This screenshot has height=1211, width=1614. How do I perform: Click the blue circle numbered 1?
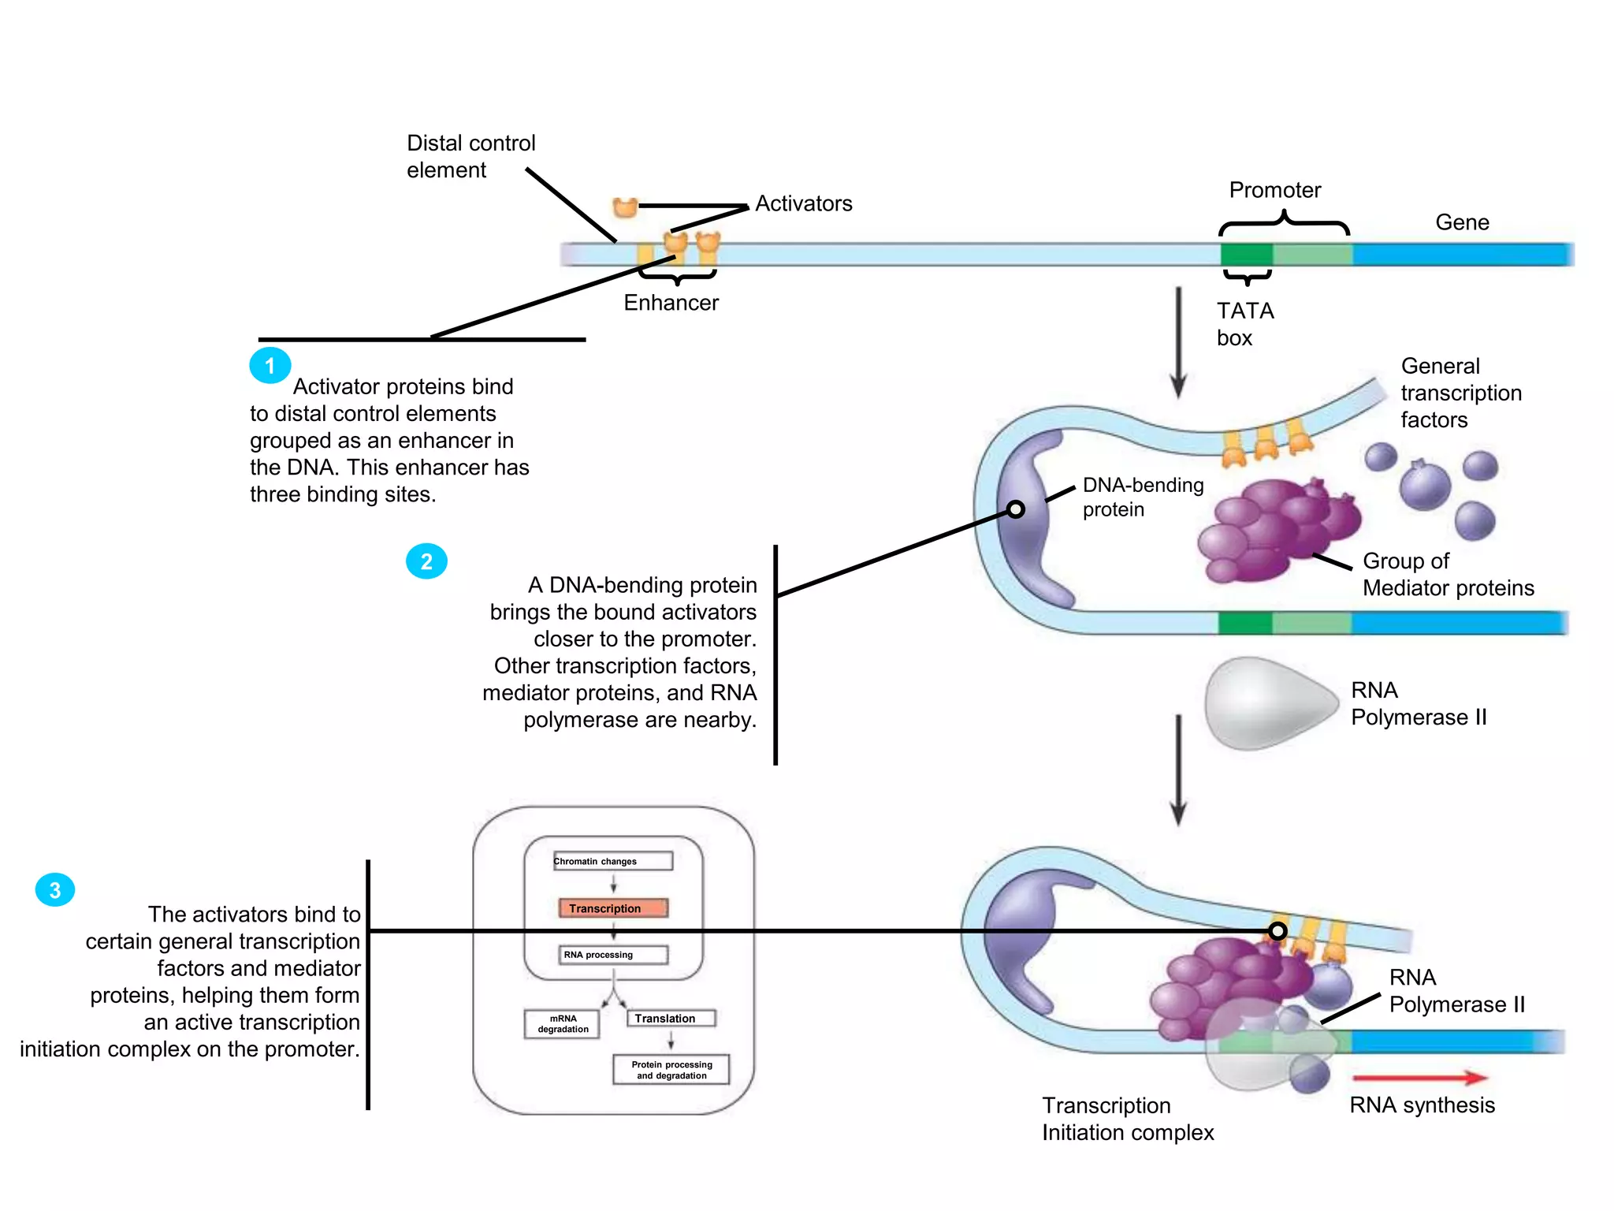pos(270,366)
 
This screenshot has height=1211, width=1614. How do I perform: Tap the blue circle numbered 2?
pos(426,561)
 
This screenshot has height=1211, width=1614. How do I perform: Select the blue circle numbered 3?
pos(55,890)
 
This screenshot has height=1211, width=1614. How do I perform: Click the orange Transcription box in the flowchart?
pos(612,908)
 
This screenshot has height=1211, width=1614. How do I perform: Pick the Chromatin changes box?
pos(612,861)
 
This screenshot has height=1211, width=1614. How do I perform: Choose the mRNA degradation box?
pos(562,1023)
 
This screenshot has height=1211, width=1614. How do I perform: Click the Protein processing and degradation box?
pos(671,1070)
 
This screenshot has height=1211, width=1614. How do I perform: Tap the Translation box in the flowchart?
pos(670,1018)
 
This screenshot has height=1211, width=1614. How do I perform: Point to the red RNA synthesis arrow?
pos(1419,1077)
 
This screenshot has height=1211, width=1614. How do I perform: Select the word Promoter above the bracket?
pos(1274,190)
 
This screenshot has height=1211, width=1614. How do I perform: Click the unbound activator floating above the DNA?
pos(625,207)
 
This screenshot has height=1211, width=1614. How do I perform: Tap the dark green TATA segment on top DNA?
pos(1246,255)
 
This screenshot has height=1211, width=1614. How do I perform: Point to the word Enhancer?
pos(671,303)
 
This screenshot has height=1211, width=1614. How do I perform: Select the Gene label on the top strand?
pos(1462,222)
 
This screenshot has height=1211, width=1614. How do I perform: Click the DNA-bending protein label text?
pos(1142,497)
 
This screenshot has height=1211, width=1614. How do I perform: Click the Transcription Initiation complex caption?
pos(1127,1119)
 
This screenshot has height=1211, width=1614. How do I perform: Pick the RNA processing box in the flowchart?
pos(612,955)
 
